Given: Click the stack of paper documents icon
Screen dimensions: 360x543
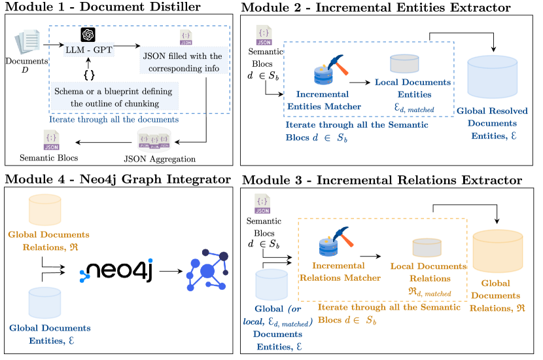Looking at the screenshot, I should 27,42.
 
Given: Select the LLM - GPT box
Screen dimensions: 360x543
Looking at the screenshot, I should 89,49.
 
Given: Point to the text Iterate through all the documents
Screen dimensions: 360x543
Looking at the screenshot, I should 114,120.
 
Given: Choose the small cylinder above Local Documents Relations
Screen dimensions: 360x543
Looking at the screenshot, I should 427,247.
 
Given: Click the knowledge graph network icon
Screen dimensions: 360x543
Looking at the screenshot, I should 207,269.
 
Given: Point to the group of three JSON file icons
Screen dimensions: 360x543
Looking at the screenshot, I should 154,141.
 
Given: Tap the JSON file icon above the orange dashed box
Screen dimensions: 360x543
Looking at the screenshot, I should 262,203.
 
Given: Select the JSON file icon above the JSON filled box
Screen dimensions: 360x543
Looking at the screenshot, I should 186,37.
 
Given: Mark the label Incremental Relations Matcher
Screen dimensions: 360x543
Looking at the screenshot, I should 340,272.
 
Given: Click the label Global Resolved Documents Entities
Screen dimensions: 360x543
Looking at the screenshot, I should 492,124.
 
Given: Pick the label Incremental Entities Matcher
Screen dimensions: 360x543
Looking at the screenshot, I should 323,99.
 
